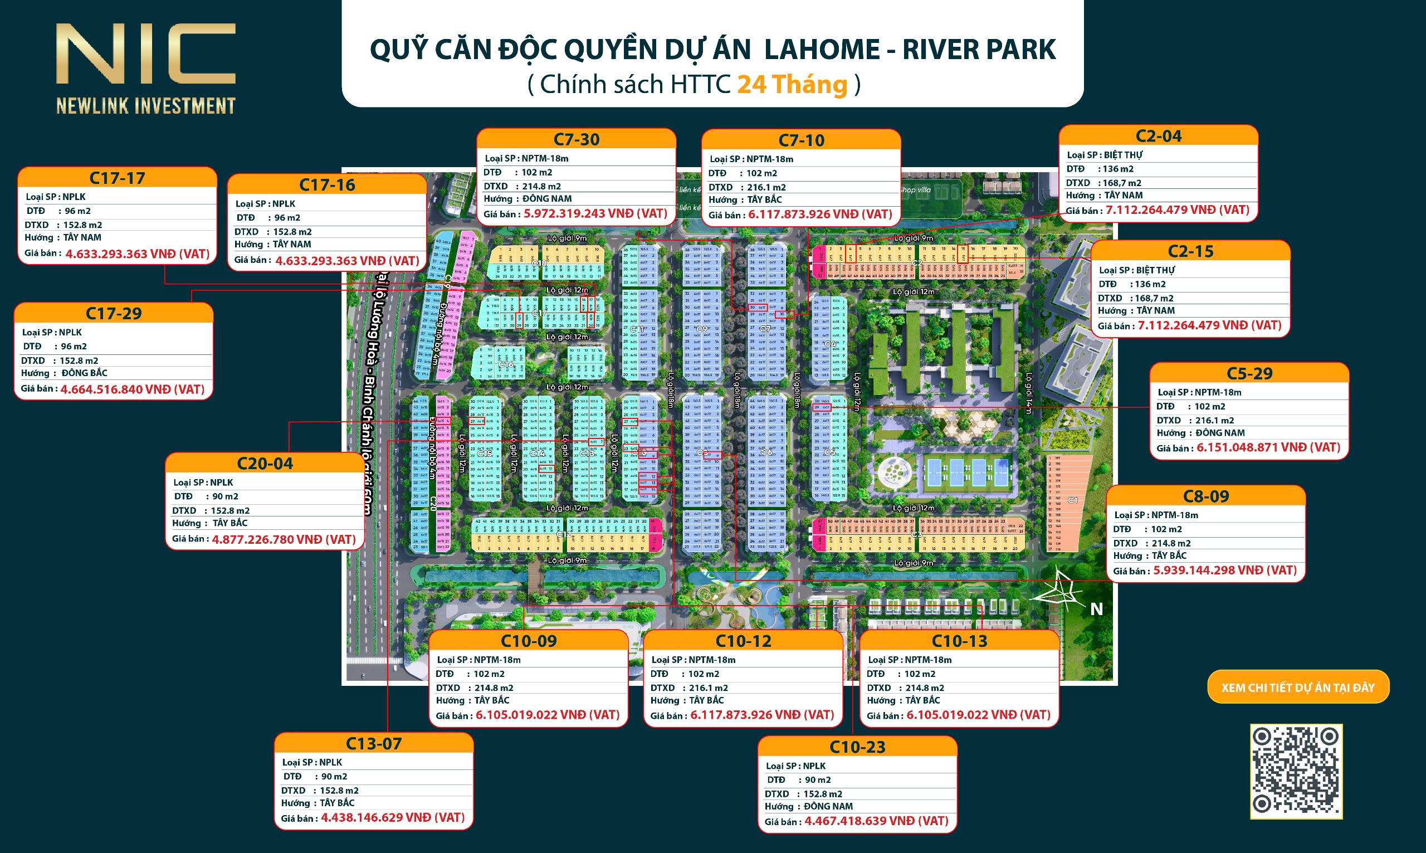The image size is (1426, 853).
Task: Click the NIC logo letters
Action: pos(145,55)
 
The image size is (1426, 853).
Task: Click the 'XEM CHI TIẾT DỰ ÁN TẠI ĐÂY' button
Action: pos(1298,688)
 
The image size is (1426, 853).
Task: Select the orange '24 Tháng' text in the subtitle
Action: pos(792,85)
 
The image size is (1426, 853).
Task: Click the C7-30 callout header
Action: pos(577,140)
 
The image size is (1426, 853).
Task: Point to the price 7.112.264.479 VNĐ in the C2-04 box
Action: pos(1177,211)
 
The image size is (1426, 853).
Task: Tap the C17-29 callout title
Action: pos(114,314)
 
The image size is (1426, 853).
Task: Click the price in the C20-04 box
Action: pos(284,540)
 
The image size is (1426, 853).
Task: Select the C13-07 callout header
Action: pos(373,744)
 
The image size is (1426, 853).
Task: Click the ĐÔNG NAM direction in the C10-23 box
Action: pos(828,806)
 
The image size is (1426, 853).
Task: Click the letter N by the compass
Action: pos(1096,610)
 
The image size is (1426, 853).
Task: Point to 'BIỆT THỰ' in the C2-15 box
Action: pos(1155,270)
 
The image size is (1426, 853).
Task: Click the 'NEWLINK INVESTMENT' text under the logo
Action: pos(146,106)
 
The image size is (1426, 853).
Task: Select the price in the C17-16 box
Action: pos(347,261)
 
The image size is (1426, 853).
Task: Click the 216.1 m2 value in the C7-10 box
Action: pos(766,187)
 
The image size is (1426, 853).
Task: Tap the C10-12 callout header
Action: pos(743,641)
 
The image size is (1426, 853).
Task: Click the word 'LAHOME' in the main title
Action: pos(822,50)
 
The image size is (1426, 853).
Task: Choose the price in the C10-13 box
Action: pos(978,715)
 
